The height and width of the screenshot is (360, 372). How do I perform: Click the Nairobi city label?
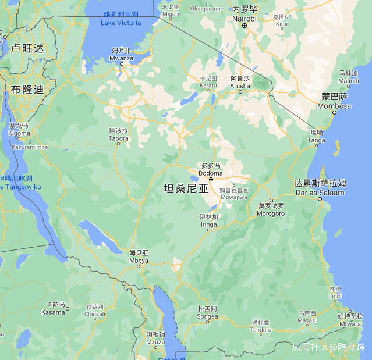245,15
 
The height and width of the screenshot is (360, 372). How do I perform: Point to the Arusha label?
240,82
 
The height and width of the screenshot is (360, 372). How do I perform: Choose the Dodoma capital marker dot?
211,179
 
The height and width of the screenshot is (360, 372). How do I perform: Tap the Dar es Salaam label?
320,188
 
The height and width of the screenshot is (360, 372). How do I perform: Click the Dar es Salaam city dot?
320,199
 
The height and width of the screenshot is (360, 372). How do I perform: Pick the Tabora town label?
119,134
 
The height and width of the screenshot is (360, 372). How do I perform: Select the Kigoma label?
19,129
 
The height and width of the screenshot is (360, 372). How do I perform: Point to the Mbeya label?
139,256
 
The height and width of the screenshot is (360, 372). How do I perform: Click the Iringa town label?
208,220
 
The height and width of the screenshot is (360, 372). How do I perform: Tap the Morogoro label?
271,209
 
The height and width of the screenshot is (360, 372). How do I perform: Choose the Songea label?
207,312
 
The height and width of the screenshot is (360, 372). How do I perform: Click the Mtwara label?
349,320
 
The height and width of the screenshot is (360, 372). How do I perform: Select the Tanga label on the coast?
317,136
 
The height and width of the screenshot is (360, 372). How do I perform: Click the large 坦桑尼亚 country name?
186,188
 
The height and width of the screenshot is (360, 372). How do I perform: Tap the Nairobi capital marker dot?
245,26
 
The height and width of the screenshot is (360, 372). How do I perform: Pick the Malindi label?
349,77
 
